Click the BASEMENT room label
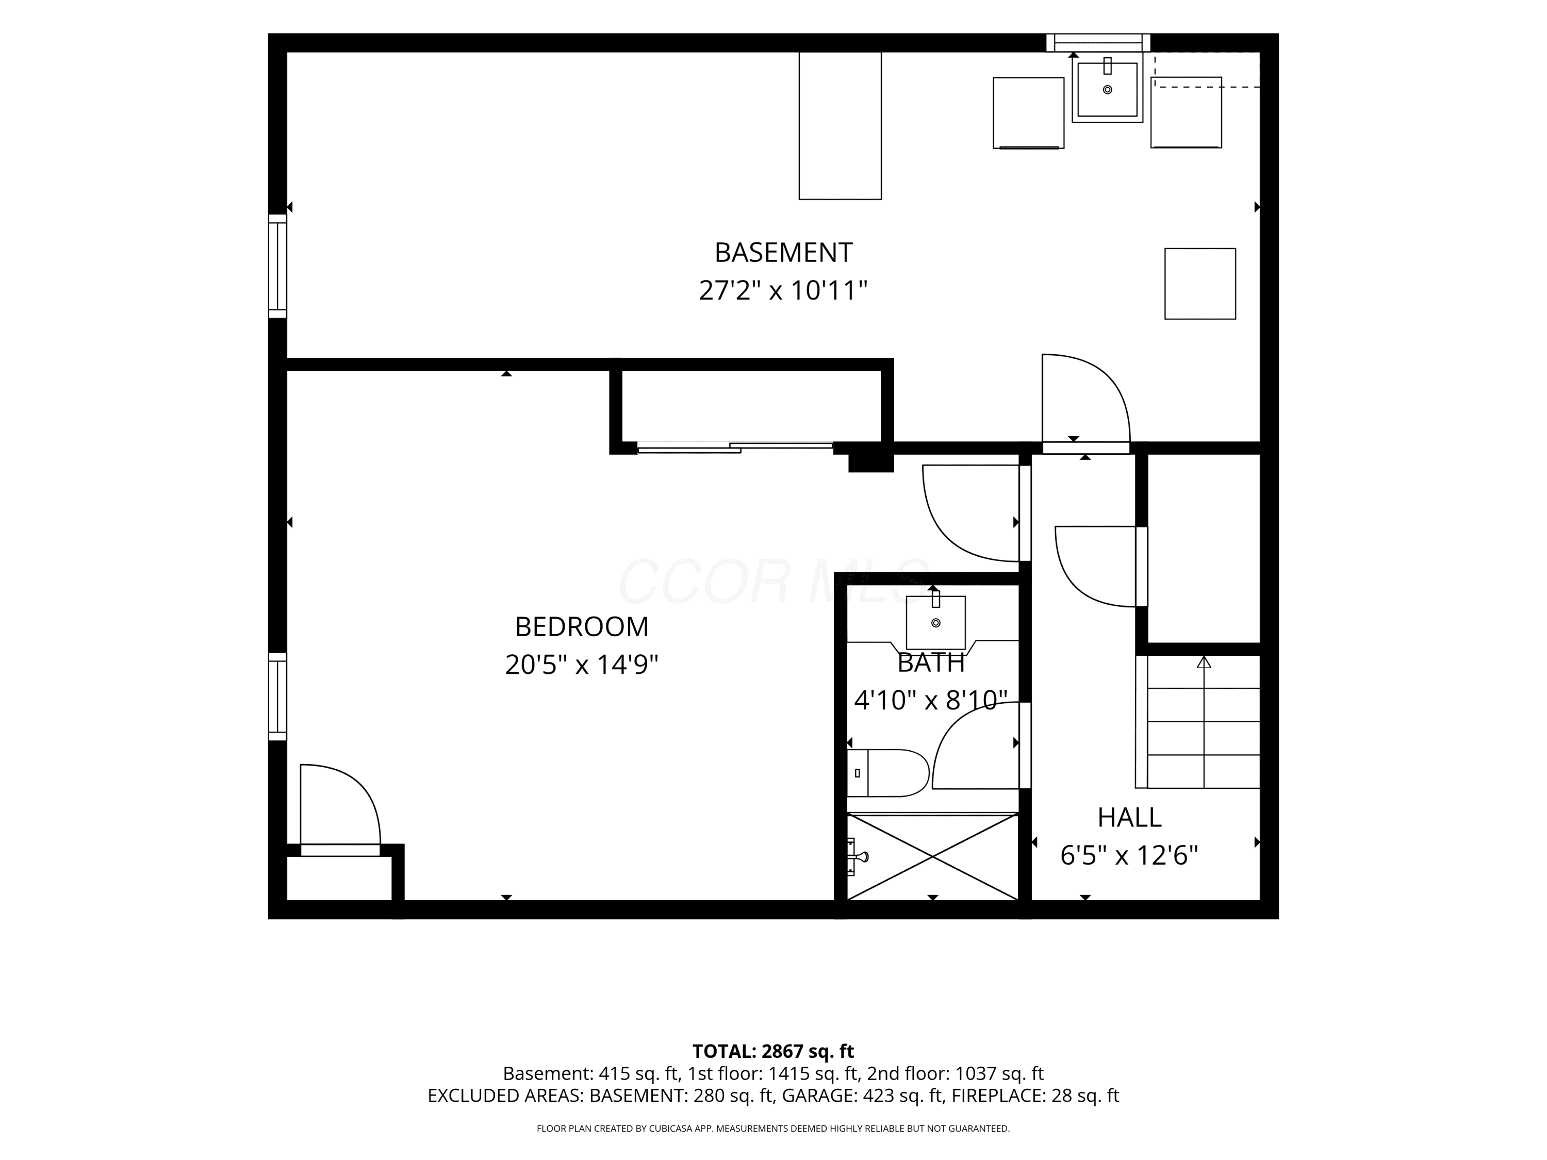(783, 252)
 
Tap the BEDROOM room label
(581, 626)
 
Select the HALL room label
(1129, 817)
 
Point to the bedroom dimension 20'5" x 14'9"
(581, 664)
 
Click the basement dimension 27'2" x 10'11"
(783, 289)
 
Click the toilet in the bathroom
(888, 773)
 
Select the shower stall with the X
(932, 856)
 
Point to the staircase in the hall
(1197, 722)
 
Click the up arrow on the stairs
(1204, 662)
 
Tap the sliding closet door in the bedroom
(735, 448)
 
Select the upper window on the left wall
(277, 267)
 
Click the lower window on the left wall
(277, 697)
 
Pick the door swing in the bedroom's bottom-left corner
(340, 810)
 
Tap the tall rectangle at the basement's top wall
(840, 126)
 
